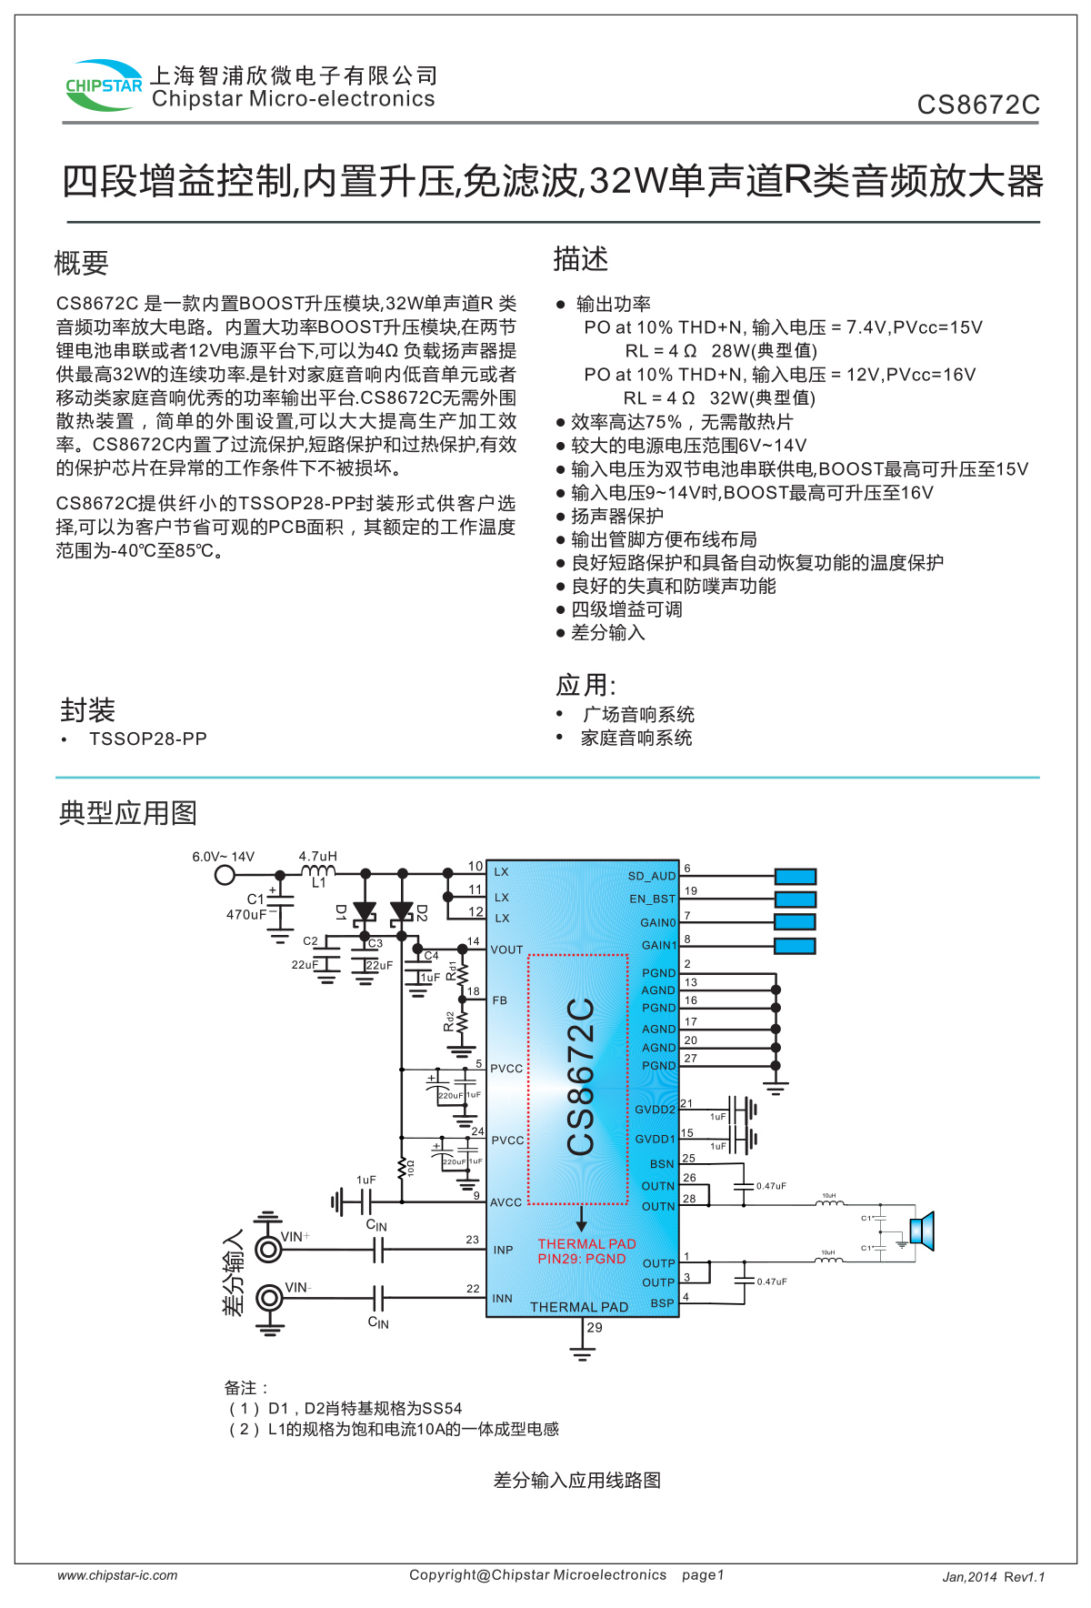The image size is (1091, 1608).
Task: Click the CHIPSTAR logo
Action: point(104,85)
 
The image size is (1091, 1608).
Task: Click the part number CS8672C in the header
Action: point(977,106)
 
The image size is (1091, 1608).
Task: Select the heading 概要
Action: point(81,264)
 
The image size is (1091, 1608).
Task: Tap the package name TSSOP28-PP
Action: point(147,739)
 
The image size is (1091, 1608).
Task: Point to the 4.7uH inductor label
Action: point(318,856)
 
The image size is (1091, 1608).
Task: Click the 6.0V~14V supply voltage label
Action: point(223,857)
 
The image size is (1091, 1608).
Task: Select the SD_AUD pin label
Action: point(652,876)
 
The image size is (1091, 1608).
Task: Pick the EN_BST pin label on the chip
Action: point(652,899)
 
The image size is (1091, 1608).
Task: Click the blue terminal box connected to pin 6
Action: point(796,876)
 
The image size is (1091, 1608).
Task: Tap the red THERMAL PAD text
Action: point(586,1243)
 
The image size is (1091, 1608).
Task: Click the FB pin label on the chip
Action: point(500,1000)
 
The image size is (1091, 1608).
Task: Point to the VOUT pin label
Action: point(506,950)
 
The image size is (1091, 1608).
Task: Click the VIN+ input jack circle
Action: point(268,1250)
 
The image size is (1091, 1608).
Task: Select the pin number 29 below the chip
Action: point(595,1327)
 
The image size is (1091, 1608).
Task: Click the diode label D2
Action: point(422,912)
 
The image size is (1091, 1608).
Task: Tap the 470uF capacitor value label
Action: point(246,914)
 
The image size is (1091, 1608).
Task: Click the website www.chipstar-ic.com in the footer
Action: point(117,1575)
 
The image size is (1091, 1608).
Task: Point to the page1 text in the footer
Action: point(703,1574)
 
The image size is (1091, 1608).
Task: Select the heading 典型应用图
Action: point(128,813)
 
